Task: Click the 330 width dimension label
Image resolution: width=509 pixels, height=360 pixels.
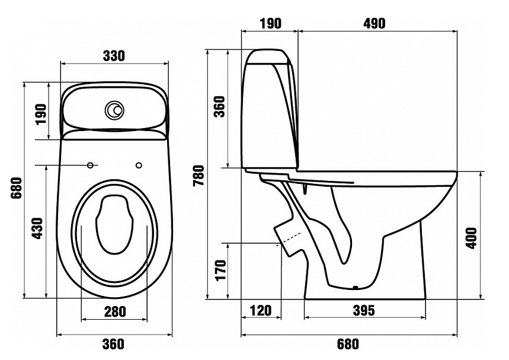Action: coord(113,56)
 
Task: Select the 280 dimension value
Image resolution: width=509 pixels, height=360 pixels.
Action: coord(113,311)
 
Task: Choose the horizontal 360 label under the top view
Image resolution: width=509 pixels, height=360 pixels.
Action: coord(113,345)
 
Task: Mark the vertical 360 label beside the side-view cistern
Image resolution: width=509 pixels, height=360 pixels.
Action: coord(220,107)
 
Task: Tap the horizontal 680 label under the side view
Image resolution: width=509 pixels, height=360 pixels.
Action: coord(348,345)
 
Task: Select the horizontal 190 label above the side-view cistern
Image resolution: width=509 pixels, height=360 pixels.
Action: coord(270,23)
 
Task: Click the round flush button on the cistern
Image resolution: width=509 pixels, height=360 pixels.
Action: coord(114,110)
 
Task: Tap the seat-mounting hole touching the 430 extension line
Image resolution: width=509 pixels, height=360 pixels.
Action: coord(91,164)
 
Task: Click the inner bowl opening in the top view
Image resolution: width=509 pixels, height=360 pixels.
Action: coord(114,222)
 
